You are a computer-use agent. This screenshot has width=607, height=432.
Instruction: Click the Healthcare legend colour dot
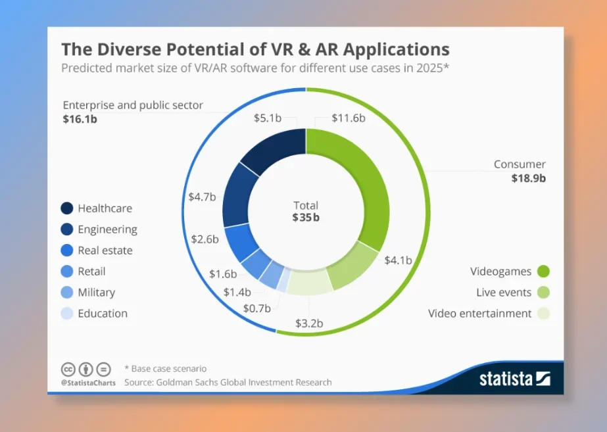pyautogui.click(x=66, y=208)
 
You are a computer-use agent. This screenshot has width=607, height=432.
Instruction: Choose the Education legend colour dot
pyautogui.click(x=66, y=314)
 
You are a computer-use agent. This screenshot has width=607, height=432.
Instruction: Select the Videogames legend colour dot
pyautogui.click(x=543, y=272)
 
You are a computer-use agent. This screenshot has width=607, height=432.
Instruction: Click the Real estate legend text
pyautogui.click(x=105, y=251)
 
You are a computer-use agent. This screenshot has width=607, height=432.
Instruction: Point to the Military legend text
pyautogui.click(x=96, y=293)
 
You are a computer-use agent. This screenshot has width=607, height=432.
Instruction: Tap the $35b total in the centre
pyautogui.click(x=306, y=218)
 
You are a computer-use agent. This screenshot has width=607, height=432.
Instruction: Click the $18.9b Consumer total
pyautogui.click(x=529, y=178)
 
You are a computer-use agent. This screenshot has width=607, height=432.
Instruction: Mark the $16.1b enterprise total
pyautogui.click(x=80, y=118)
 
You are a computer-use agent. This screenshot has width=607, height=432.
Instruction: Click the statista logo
pyautogui.click(x=514, y=379)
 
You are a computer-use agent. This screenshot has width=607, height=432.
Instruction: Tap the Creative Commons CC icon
pyautogui.click(x=68, y=369)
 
